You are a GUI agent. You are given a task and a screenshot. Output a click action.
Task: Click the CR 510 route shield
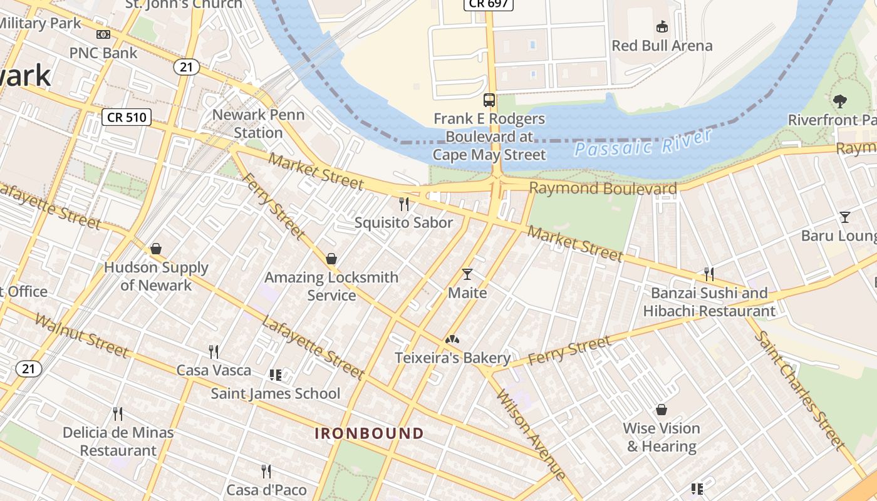coord(127,116)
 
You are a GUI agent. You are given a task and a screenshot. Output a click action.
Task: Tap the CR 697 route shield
coord(489,4)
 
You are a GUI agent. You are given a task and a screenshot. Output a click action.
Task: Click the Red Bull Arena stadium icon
coord(662,26)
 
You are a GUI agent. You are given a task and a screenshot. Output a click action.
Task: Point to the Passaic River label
coord(643,143)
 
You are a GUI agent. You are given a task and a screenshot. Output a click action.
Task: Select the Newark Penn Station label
coord(258,123)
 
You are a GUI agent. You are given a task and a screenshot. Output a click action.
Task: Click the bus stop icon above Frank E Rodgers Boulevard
coord(489,100)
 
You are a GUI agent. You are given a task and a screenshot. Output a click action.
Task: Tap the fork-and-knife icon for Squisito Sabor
coord(404,204)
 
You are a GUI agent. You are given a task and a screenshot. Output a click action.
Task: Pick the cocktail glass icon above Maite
coord(467,274)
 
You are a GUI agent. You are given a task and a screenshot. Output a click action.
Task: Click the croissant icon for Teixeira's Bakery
coord(452,339)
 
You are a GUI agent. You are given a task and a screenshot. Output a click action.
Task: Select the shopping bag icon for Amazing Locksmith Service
coord(331,259)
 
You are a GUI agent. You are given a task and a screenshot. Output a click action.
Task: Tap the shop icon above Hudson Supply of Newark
coord(156,249)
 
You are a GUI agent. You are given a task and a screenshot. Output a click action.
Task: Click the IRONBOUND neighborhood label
coord(369,433)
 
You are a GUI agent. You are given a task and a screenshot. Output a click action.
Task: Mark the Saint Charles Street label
coord(799,389)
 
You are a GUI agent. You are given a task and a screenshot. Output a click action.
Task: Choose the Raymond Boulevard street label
coord(603,189)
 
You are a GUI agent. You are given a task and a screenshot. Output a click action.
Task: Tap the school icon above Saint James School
coord(275,375)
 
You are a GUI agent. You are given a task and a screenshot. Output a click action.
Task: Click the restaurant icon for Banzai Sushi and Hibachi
coord(708,274)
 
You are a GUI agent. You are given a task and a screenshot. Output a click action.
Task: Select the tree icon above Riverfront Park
coord(839,101)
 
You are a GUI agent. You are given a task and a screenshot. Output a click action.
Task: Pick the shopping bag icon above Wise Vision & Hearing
coord(662,410)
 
